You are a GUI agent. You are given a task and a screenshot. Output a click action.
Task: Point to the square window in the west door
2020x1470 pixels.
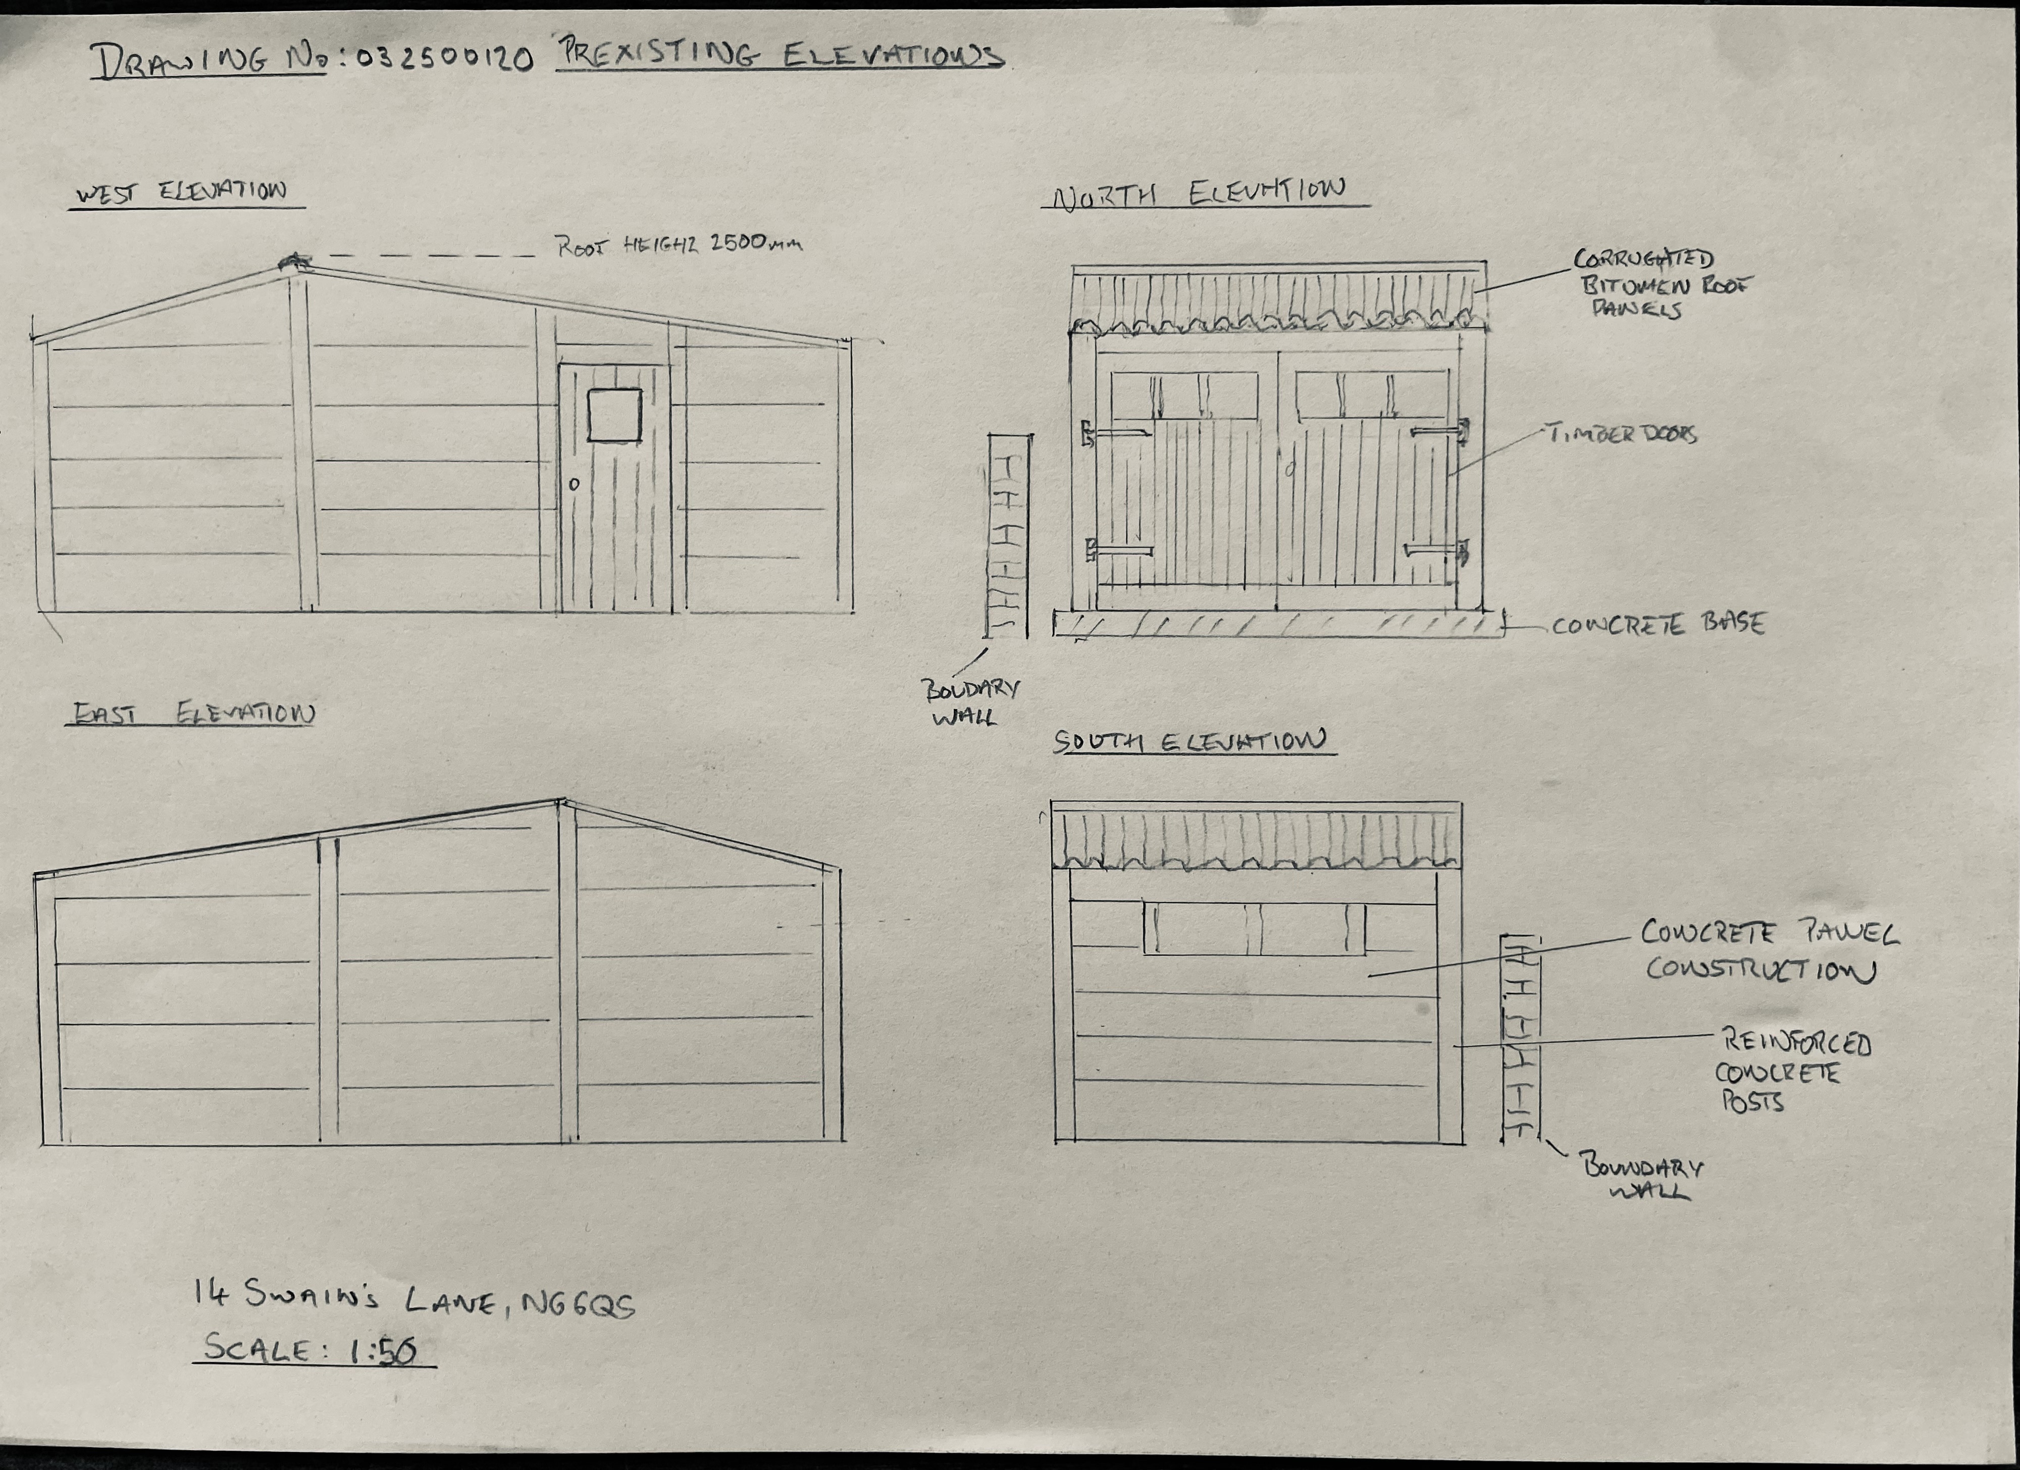[x=614, y=414]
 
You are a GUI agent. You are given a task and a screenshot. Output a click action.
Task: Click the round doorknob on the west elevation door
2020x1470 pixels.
[x=575, y=485]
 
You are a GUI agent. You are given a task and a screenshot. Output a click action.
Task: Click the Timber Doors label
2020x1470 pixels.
[x=1622, y=434]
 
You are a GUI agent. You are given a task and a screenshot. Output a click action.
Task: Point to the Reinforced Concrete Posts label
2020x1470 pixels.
[x=1790, y=1072]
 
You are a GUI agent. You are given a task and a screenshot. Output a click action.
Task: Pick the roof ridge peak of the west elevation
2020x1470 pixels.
[x=294, y=263]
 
